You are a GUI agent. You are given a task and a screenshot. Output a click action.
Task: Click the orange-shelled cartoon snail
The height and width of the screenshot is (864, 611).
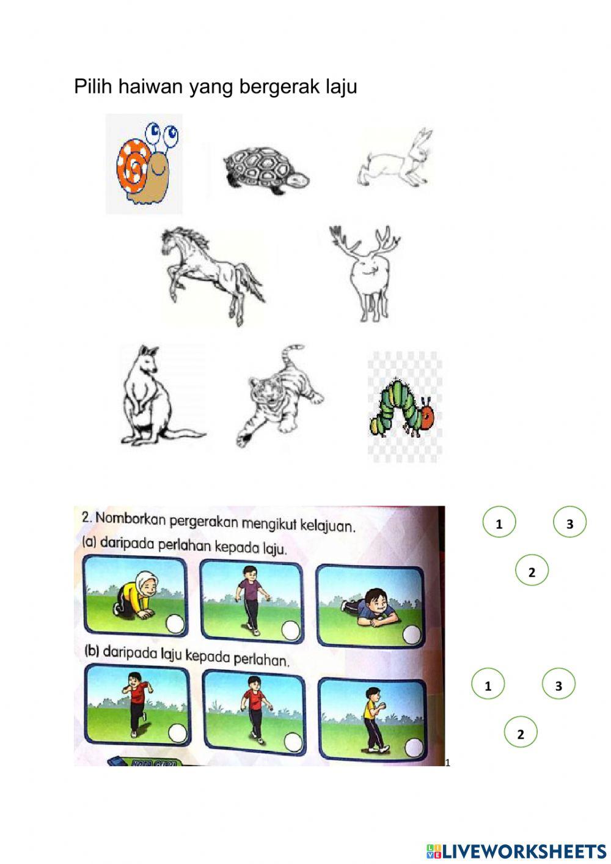[x=144, y=164]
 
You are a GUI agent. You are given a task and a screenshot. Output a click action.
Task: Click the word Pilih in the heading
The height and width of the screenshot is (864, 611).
[x=94, y=87]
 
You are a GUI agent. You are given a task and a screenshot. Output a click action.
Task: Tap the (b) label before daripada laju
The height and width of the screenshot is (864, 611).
[x=91, y=652]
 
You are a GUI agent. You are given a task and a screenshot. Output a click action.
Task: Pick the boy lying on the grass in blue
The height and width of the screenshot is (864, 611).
[x=366, y=607]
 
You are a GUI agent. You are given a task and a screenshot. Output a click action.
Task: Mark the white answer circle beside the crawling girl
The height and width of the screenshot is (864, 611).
[x=175, y=624]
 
